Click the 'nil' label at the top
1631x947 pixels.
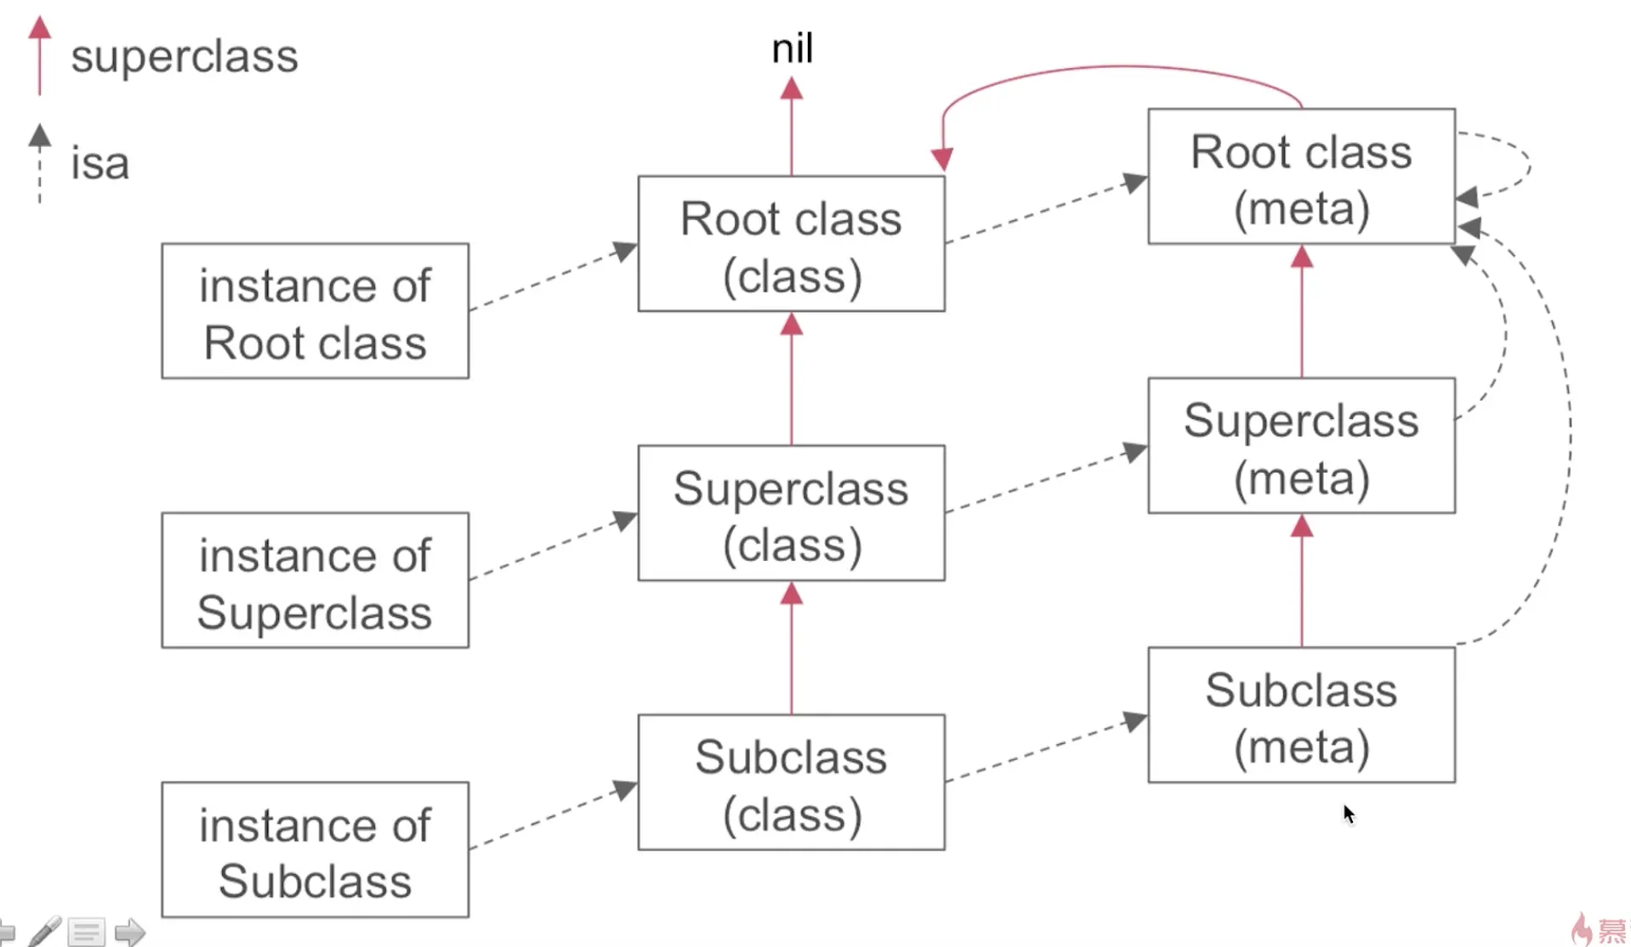pyautogui.click(x=792, y=48)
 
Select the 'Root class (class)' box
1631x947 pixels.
pyautogui.click(x=791, y=244)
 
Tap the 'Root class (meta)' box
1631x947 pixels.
pyautogui.click(x=1300, y=177)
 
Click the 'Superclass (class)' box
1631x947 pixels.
pyautogui.click(x=791, y=513)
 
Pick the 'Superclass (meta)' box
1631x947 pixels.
pyautogui.click(x=1300, y=446)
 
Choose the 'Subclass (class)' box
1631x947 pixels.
pyautogui.click(x=791, y=783)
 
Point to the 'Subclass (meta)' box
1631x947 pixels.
pyautogui.click(x=1300, y=715)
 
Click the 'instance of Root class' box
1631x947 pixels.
pyautogui.click(x=315, y=311)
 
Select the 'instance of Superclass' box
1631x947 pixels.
pyautogui.click(x=315, y=581)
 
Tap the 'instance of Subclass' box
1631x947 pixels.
pyautogui.click(x=315, y=850)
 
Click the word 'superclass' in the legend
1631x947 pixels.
pyautogui.click(x=185, y=57)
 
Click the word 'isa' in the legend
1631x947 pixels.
pyautogui.click(x=99, y=163)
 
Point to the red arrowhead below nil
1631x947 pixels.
pyautogui.click(x=792, y=88)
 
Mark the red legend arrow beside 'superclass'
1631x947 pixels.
pyautogui.click(x=39, y=55)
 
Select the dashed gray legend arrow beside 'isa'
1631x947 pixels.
pyautogui.click(x=39, y=163)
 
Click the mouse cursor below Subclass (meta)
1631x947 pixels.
pyautogui.click(x=1348, y=814)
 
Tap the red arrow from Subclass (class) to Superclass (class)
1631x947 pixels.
pyautogui.click(x=792, y=650)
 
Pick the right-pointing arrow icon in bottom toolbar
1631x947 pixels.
pyautogui.click(x=129, y=932)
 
